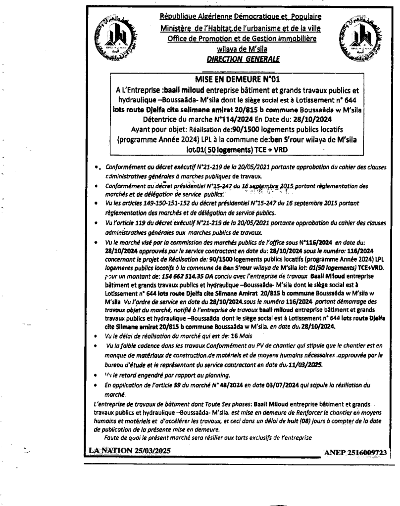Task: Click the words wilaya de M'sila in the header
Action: tap(238, 49)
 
